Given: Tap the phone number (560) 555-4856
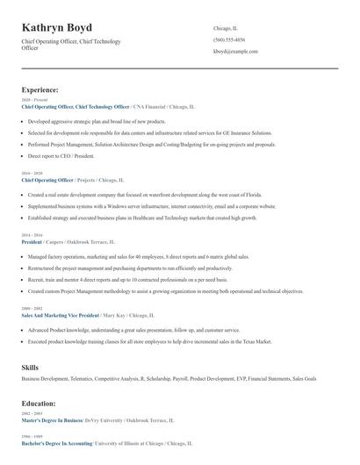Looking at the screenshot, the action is coord(229,39).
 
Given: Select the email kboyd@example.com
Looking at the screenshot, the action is coord(235,51).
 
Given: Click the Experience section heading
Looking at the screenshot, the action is coord(40,89).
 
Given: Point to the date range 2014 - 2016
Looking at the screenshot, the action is coord(31,235).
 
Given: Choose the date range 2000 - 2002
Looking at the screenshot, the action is coord(31,308).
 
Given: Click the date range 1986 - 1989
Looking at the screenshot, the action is coord(31,436).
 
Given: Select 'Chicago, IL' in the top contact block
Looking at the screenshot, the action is coord(226,28).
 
